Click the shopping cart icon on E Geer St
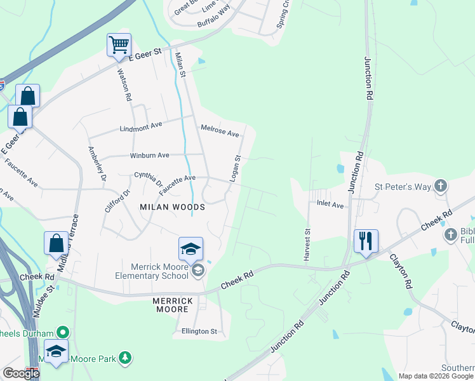click(x=119, y=46)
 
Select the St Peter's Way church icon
click(x=441, y=187)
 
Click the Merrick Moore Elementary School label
click(x=152, y=271)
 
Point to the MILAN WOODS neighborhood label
click(x=173, y=207)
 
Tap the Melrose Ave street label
click(x=220, y=131)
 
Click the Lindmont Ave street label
click(x=142, y=128)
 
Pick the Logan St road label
click(x=234, y=168)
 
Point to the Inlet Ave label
click(x=330, y=205)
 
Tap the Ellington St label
click(x=199, y=331)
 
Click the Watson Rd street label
click(x=124, y=85)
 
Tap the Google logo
click(x=21, y=373)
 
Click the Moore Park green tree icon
click(x=126, y=359)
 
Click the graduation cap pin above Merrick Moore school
click(x=190, y=250)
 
